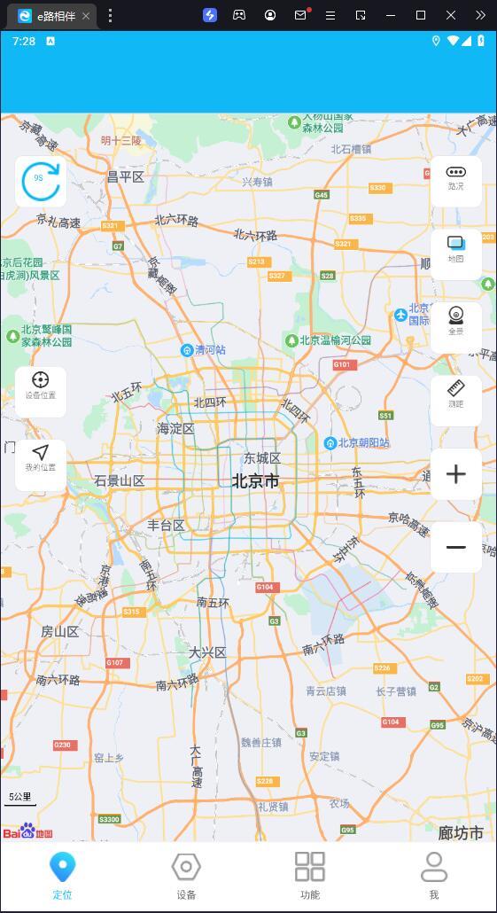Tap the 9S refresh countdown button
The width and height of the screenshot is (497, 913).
click(x=40, y=181)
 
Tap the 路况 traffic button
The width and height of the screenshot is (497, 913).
click(x=455, y=180)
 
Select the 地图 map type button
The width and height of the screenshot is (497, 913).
click(x=455, y=253)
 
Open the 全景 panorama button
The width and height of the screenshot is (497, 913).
click(x=455, y=325)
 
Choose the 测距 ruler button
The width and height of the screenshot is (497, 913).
click(x=455, y=398)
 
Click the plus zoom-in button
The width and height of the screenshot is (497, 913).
click(x=455, y=474)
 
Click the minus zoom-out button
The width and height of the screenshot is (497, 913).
click(x=455, y=547)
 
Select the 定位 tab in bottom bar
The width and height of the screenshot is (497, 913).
click(x=62, y=875)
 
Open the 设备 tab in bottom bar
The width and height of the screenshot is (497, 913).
click(x=186, y=875)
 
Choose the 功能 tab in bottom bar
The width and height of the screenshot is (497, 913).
click(x=310, y=875)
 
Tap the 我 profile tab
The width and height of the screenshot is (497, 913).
click(x=434, y=875)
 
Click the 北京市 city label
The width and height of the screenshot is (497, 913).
click(x=255, y=481)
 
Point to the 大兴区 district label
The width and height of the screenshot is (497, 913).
click(x=207, y=652)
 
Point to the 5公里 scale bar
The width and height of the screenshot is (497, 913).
click(x=20, y=798)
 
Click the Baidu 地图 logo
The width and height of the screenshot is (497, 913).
click(x=27, y=831)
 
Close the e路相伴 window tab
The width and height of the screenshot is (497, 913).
click(x=86, y=16)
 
